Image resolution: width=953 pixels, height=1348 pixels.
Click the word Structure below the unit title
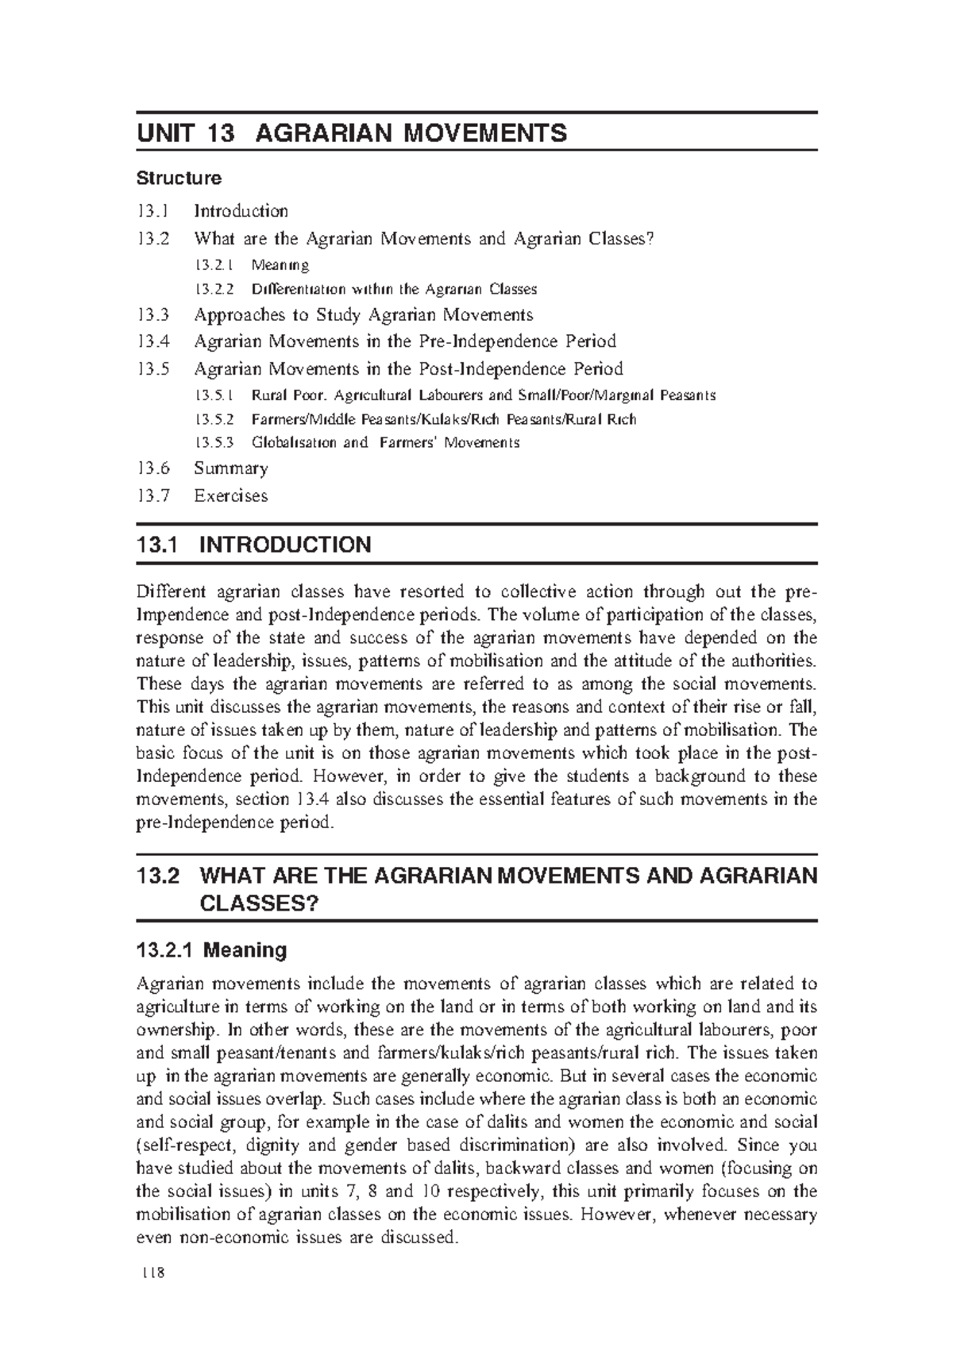click(179, 178)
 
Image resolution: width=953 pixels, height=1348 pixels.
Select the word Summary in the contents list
click(231, 468)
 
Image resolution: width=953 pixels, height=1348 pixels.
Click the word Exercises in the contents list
click(231, 496)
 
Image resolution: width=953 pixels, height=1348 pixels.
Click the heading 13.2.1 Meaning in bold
click(212, 950)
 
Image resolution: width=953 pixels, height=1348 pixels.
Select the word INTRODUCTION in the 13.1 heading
click(285, 545)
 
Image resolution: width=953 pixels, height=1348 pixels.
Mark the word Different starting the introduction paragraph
click(172, 591)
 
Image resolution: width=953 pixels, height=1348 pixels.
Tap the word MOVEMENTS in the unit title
click(484, 133)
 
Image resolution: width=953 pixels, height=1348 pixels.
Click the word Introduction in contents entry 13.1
click(241, 211)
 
